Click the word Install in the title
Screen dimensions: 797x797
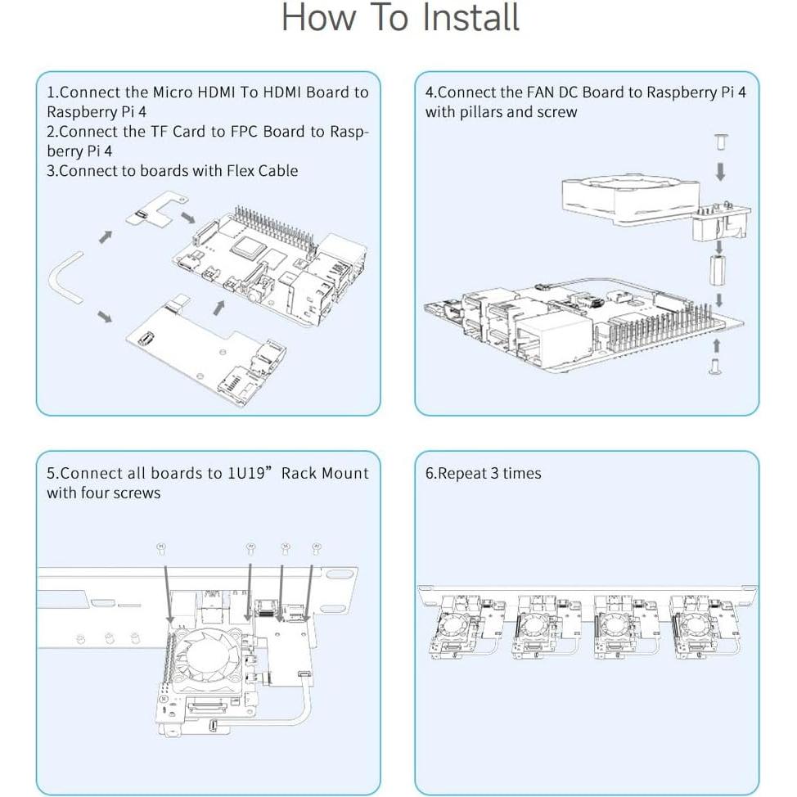pos(468,18)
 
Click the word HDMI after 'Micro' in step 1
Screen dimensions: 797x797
pos(217,92)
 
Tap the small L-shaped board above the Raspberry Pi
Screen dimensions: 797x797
pos(155,209)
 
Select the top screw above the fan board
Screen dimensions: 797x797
pos(720,144)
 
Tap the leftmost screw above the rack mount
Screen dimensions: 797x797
pos(161,546)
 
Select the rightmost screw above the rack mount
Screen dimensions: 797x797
pos(317,547)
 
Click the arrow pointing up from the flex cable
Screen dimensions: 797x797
pos(105,236)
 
